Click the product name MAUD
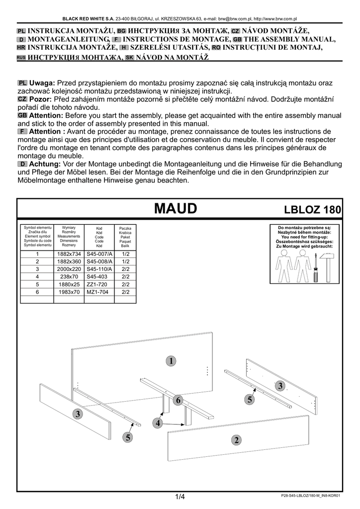coord(176,208)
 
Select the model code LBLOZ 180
coord(312,209)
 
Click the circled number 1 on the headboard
coord(171,360)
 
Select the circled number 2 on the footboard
coord(236,439)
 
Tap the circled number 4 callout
coord(158,423)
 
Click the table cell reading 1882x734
coord(69,254)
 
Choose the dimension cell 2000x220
coord(69,269)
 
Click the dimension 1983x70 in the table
coord(69,292)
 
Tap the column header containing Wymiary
coord(69,236)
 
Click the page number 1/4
coord(180,497)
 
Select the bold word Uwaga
coord(42,83)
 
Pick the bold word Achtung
coord(45,164)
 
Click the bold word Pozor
coord(41,99)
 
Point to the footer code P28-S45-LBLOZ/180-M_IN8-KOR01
coord(310,496)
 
